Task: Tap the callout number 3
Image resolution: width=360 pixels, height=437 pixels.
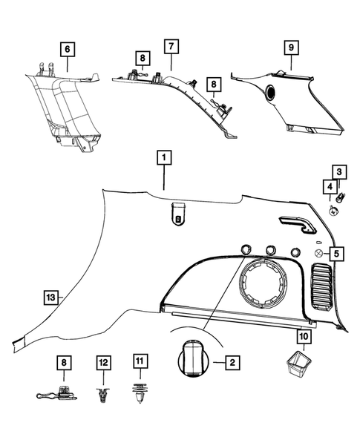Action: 338,172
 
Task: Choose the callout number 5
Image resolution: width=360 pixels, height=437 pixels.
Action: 337,254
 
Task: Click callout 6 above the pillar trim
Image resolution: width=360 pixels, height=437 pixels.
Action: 68,48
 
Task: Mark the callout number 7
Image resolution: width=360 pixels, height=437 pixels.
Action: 171,47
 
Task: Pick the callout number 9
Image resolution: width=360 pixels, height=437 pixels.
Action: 290,47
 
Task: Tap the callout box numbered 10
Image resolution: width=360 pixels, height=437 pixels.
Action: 303,336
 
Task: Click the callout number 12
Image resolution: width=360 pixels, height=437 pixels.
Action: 103,362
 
